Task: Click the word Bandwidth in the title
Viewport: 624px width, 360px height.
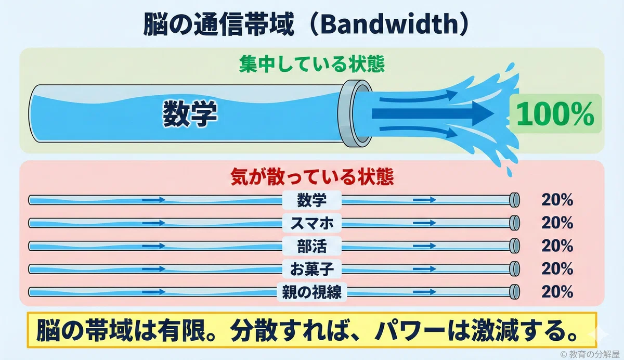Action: coord(389,24)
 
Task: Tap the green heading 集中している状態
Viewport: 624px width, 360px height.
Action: coord(312,64)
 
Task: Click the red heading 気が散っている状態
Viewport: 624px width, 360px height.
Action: coord(312,177)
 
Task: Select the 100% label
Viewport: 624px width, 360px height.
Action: coord(555,114)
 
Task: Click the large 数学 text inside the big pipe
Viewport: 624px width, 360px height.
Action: coord(190,114)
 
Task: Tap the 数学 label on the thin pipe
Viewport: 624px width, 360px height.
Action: coord(311,200)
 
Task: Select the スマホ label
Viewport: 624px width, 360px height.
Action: coord(311,223)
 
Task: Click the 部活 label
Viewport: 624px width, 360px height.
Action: coord(311,246)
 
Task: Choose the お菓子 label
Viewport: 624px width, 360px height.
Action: coord(311,269)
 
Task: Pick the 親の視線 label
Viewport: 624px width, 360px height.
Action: coord(311,292)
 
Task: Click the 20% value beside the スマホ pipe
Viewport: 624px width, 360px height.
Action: coord(557,223)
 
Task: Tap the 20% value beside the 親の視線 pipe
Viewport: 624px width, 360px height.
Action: coord(557,292)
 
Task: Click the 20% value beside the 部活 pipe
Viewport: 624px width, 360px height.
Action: coord(557,246)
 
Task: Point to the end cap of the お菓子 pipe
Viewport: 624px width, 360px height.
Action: coord(514,269)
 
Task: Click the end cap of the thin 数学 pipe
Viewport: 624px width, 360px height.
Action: coord(514,200)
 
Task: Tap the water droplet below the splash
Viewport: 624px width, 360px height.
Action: coord(509,172)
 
